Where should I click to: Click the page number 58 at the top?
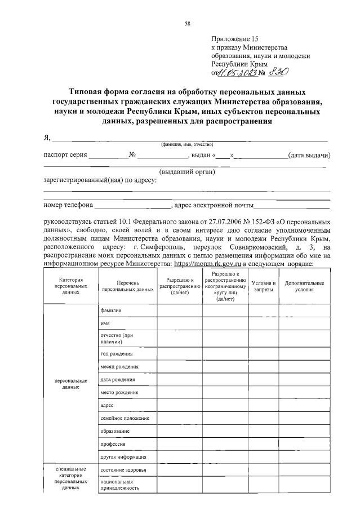(x=188, y=23)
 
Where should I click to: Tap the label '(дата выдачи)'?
(x=309, y=155)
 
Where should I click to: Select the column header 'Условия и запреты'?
(x=264, y=286)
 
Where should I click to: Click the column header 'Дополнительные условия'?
(x=305, y=286)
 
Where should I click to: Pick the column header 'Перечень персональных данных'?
(x=127, y=286)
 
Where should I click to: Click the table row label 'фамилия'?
(x=110, y=311)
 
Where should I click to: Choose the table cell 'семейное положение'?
(x=124, y=418)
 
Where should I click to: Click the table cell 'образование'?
(x=114, y=431)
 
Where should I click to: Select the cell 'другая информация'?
(x=123, y=457)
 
